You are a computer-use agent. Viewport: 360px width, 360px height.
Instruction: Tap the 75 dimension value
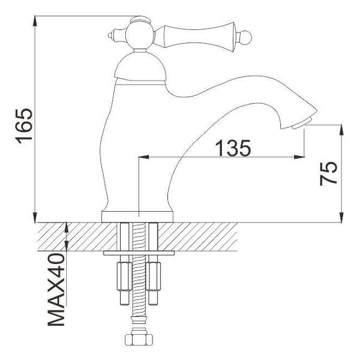coord(329,173)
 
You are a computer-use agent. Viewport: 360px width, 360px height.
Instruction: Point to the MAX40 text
coord(57,290)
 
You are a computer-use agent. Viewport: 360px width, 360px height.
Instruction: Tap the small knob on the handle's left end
coord(112,34)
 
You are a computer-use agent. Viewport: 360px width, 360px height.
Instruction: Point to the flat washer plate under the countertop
coord(139,254)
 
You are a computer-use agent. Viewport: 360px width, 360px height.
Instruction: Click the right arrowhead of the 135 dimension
coord(296,158)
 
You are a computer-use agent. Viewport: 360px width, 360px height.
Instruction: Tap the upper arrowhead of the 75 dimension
coord(341,128)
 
